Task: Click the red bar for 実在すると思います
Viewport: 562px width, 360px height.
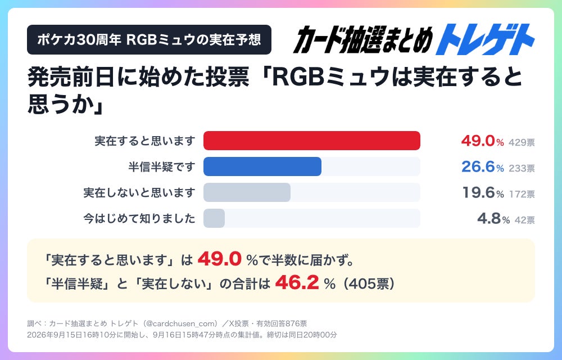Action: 312,141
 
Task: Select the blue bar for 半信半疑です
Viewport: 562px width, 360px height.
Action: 262,166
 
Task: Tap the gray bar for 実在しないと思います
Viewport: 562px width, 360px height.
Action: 247,192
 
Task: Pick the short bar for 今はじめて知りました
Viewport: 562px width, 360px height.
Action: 214,218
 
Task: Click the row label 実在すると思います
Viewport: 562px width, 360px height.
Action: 145,141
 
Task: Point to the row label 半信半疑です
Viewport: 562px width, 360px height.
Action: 162,166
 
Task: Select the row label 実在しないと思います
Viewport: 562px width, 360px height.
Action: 139,192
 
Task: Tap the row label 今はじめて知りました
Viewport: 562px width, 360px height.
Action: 139,218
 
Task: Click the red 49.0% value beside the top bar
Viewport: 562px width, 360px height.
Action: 482,141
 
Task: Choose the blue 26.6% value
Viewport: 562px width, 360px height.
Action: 482,166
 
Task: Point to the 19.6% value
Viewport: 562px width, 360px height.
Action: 483,192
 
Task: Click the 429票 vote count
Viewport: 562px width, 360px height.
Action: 522,142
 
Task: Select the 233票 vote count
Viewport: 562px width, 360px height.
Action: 522,168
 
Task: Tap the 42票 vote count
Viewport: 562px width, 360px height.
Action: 525,220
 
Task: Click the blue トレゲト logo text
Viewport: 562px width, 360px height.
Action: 485,39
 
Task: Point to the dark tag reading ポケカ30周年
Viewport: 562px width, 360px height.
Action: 149,39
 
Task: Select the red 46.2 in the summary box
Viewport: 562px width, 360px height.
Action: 297,282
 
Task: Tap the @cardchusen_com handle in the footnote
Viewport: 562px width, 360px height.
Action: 183,323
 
